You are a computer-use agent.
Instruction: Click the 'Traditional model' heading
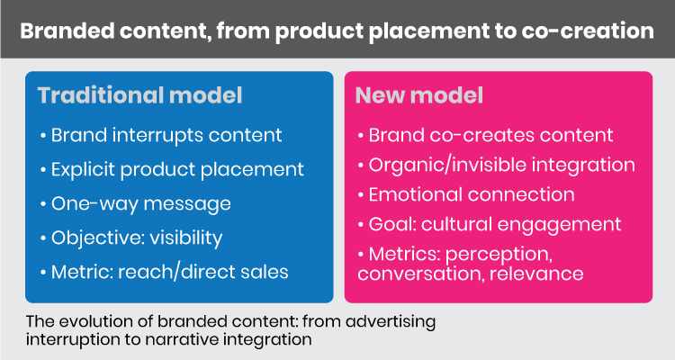point(139,95)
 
